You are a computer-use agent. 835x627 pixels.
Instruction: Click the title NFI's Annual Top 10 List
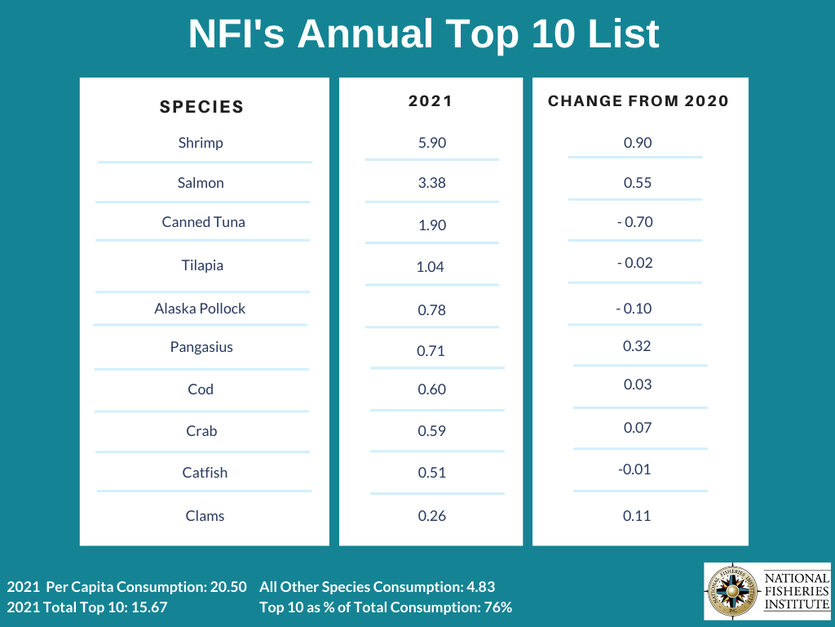click(x=423, y=34)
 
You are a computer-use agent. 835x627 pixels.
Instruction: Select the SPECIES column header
click(x=201, y=106)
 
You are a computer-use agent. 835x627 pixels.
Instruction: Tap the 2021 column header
click(x=430, y=101)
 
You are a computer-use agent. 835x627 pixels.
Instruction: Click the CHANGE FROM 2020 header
click(x=638, y=101)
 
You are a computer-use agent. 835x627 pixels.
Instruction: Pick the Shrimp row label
click(x=201, y=143)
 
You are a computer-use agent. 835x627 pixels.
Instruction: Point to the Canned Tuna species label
click(x=203, y=222)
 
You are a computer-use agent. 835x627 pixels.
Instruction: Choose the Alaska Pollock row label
click(x=200, y=309)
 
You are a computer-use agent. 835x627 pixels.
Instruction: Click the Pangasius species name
click(x=201, y=347)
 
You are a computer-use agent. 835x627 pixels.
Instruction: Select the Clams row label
click(x=205, y=516)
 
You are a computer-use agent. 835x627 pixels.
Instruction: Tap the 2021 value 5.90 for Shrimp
click(x=431, y=143)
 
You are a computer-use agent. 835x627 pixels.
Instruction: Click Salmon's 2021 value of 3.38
click(x=431, y=183)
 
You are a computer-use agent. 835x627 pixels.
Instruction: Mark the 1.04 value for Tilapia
click(x=430, y=267)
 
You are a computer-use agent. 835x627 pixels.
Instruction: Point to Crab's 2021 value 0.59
click(x=431, y=432)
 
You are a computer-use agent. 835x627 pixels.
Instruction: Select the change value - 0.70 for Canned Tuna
click(x=634, y=222)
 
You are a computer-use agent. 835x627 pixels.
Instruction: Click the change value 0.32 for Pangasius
click(x=637, y=346)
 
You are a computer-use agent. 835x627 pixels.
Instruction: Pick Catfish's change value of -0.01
click(x=634, y=469)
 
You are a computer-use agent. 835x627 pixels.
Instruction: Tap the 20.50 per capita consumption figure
click(x=227, y=587)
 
